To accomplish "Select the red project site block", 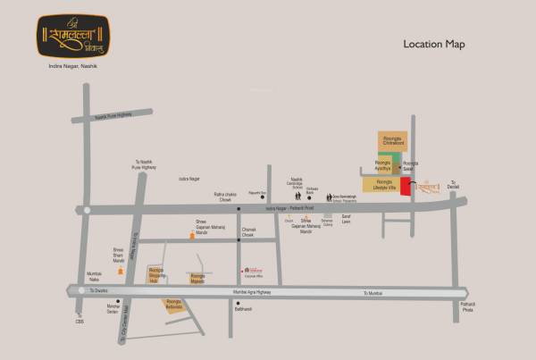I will (x=405, y=186).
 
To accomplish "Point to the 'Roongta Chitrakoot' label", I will (x=394, y=141).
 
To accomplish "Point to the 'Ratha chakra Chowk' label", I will (x=223, y=197).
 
